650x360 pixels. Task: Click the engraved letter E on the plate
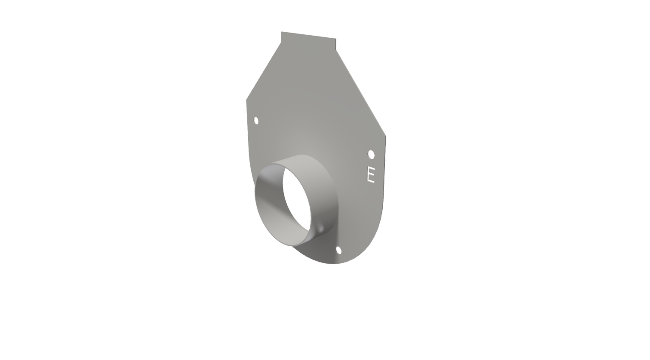click(x=371, y=174)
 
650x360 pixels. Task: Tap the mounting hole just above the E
click(x=371, y=154)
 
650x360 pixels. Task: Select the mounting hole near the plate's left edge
click(x=256, y=121)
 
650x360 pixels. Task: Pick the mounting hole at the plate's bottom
click(x=339, y=250)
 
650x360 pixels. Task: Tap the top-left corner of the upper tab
click(x=281, y=32)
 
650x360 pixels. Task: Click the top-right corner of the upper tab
click(x=336, y=39)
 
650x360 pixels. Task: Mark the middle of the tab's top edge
click(x=308, y=35)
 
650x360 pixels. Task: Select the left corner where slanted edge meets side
click(x=247, y=100)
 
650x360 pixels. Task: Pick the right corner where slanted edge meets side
click(x=386, y=136)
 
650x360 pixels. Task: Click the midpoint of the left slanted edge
click(x=263, y=71)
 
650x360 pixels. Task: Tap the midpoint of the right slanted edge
click(x=361, y=93)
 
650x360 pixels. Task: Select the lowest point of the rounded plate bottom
click(x=333, y=264)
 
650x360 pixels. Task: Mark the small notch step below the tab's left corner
click(x=281, y=42)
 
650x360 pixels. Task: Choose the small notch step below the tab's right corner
click(x=336, y=50)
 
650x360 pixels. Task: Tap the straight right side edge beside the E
click(x=384, y=170)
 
